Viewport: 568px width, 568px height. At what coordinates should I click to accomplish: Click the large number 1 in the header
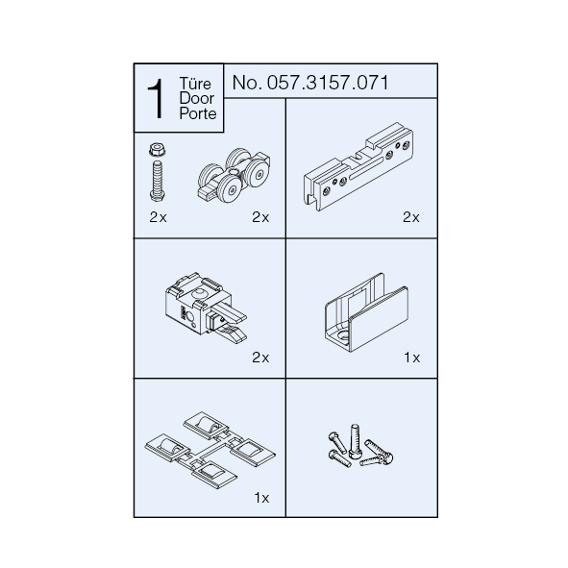156,99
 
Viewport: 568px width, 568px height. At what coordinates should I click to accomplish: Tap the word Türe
195,84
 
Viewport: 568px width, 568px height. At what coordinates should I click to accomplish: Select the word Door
197,98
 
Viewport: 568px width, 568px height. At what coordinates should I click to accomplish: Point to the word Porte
198,113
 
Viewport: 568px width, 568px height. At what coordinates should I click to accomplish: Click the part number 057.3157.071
328,83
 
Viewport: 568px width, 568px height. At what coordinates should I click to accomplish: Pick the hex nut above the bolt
157,149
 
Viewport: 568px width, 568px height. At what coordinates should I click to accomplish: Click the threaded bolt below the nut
158,181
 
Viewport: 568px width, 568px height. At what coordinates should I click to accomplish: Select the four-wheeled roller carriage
234,175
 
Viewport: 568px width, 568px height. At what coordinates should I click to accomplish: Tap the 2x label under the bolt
158,217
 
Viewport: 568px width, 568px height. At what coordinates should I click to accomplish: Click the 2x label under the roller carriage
260,217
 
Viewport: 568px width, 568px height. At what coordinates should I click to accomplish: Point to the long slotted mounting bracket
358,166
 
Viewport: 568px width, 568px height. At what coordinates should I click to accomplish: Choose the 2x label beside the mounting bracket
411,217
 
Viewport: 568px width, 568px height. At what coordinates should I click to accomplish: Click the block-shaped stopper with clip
205,308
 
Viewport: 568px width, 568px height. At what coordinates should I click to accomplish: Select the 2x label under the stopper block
260,358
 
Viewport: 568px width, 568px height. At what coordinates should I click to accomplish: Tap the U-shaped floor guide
366,312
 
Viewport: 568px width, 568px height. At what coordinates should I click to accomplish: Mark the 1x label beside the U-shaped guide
412,358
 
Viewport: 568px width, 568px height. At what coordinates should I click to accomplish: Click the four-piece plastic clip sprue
210,451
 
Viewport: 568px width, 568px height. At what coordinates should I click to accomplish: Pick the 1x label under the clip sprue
261,498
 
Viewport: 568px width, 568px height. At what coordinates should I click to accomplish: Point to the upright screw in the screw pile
355,441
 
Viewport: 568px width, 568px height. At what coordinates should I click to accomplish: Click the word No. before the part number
247,83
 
